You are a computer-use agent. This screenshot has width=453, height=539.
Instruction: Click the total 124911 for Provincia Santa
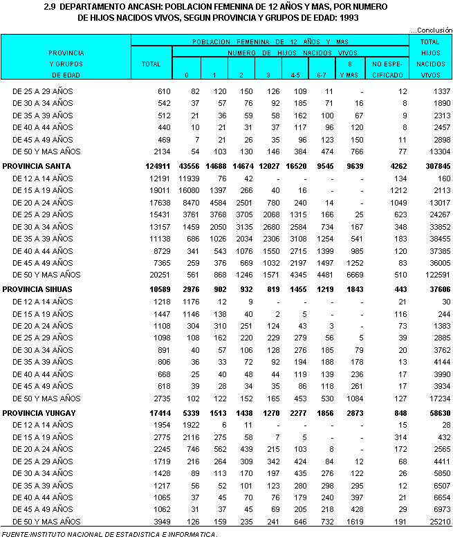pyautogui.click(x=156, y=166)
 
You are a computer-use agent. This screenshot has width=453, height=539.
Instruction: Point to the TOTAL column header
pyautogui.click(x=151, y=64)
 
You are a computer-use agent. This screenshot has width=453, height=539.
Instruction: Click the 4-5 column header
pyautogui.click(x=295, y=74)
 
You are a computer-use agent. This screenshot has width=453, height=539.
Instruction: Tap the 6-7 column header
pyautogui.click(x=322, y=74)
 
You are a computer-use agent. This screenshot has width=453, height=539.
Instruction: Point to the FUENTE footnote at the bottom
pyautogui.click(x=109, y=533)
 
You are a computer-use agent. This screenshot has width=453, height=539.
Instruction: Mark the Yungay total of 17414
pyautogui.click(x=158, y=412)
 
